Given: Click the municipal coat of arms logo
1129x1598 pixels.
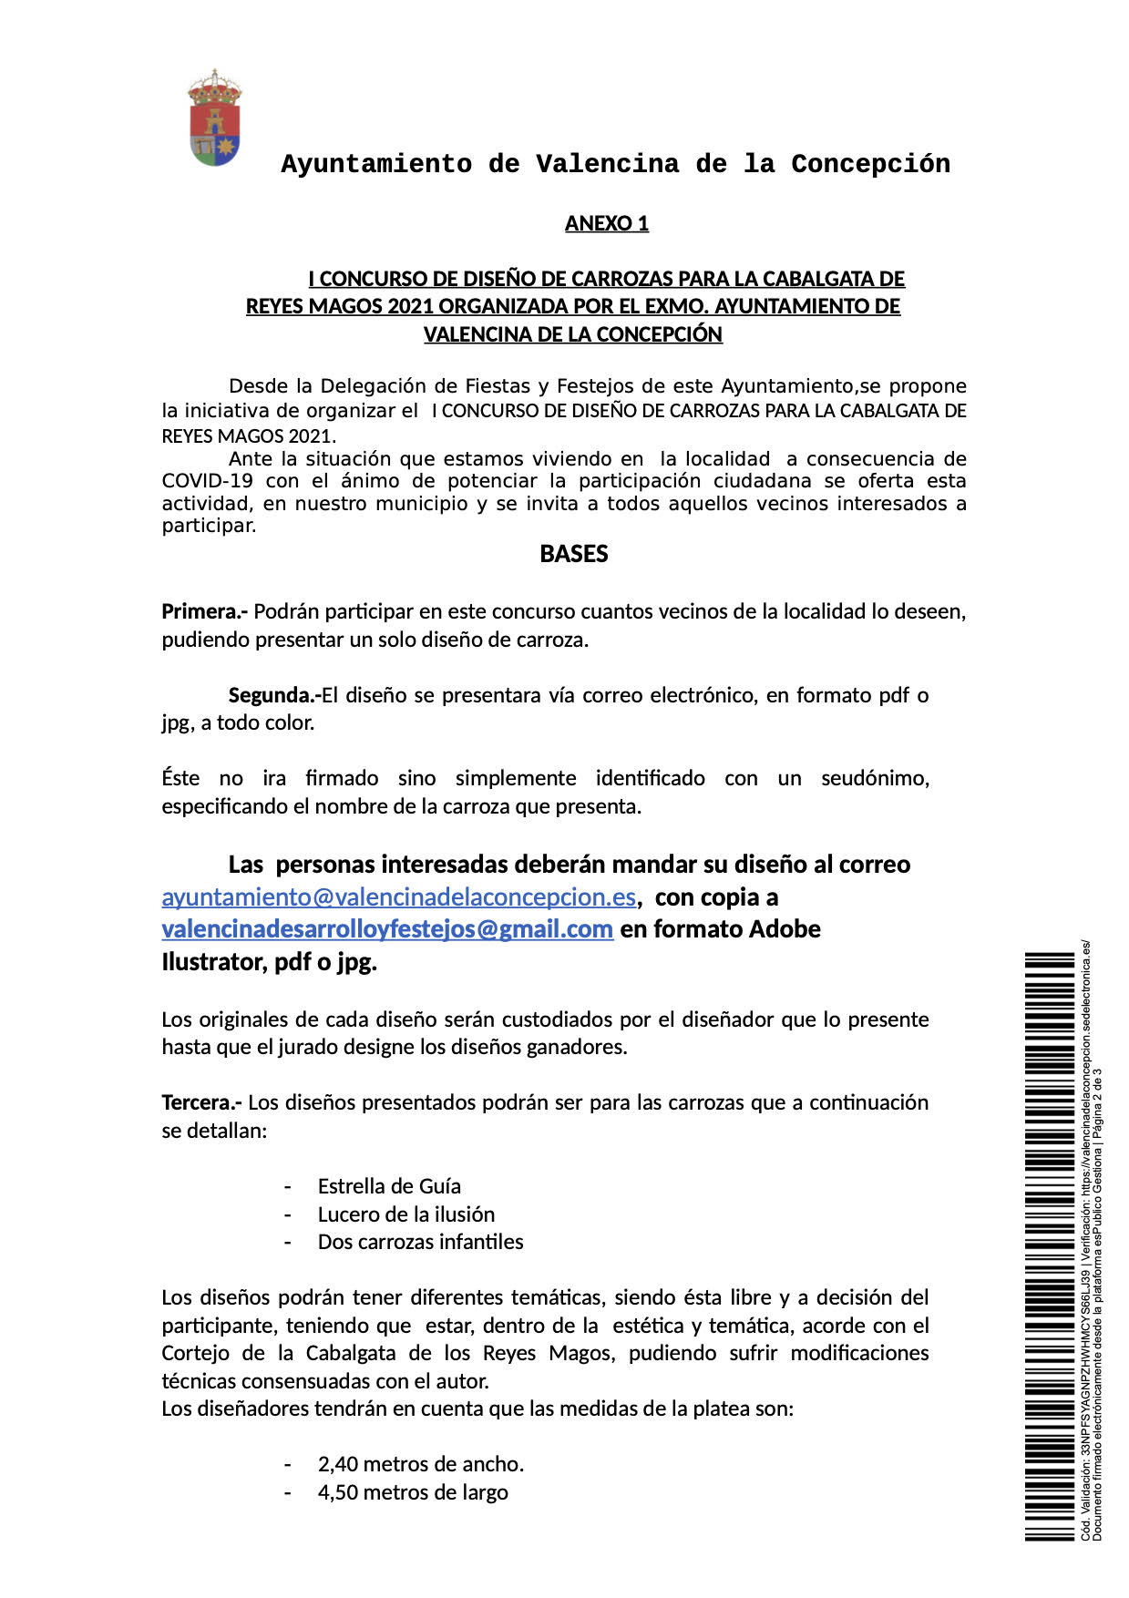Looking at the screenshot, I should tap(214, 118).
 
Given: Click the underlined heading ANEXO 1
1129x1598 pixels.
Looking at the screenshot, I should tap(606, 223).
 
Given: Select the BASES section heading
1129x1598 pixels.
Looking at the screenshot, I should tap(573, 554).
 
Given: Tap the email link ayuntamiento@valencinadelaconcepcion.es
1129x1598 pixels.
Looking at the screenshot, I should tap(398, 897).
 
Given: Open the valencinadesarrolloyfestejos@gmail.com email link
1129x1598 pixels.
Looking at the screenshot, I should tap(387, 929).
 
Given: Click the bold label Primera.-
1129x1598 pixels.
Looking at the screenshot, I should tap(204, 611).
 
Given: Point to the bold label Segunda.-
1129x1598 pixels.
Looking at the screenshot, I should tap(273, 695).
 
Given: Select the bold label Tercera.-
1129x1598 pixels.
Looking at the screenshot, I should tap(201, 1102).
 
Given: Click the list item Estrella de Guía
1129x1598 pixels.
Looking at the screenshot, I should tap(389, 1186).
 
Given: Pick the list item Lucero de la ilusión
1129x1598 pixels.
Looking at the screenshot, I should tap(405, 1214).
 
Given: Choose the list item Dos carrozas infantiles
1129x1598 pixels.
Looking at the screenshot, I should tap(420, 1242).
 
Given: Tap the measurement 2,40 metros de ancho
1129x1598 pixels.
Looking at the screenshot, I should tap(420, 1464).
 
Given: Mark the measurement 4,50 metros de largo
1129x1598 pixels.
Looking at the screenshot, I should tap(412, 1492).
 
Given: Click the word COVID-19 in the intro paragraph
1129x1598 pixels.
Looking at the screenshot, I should tap(207, 481).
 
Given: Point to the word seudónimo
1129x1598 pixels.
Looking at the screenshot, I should tap(874, 778).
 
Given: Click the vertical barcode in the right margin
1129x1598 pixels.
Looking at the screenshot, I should tap(1049, 1245).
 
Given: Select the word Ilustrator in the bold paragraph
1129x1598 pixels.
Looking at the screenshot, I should tap(213, 962).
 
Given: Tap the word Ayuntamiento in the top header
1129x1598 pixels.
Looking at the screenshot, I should tap(375, 164).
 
